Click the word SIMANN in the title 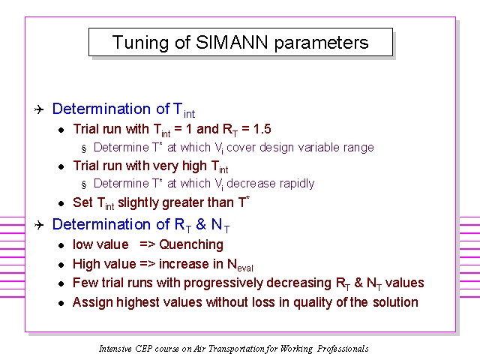(x=232, y=42)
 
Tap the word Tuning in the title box (x=140, y=43)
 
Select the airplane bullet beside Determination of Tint (x=39, y=109)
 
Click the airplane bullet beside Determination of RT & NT (x=39, y=225)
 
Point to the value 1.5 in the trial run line (x=262, y=129)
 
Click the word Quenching (x=191, y=244)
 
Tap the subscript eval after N (x=245, y=268)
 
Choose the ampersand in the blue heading (x=200, y=224)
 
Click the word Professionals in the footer (x=343, y=349)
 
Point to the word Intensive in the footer (x=115, y=348)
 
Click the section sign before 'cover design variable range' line (x=84, y=148)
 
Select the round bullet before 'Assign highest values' (x=61, y=303)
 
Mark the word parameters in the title (x=322, y=43)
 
